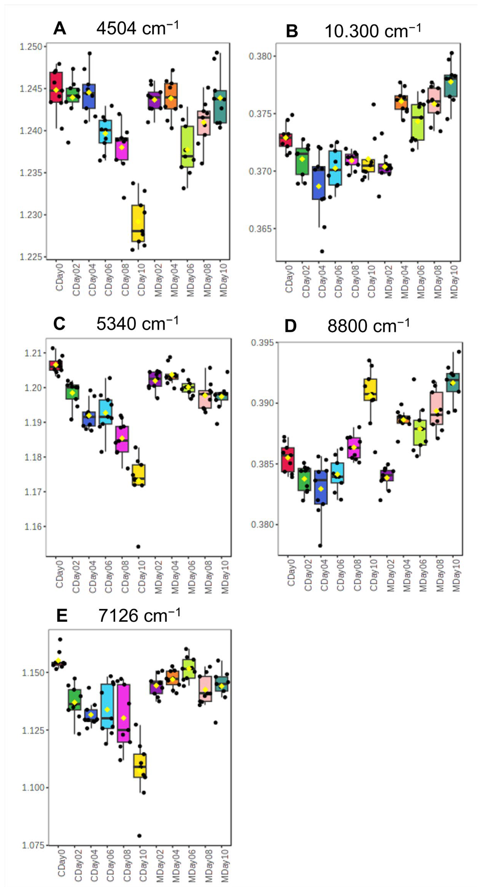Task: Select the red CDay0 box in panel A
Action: [56, 87]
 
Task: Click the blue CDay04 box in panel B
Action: [319, 183]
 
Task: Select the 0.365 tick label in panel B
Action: [260, 229]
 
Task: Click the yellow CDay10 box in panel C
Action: [139, 475]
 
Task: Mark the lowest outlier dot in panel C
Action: [138, 546]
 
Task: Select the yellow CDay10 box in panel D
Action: [371, 390]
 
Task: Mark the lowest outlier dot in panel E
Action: [139, 836]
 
